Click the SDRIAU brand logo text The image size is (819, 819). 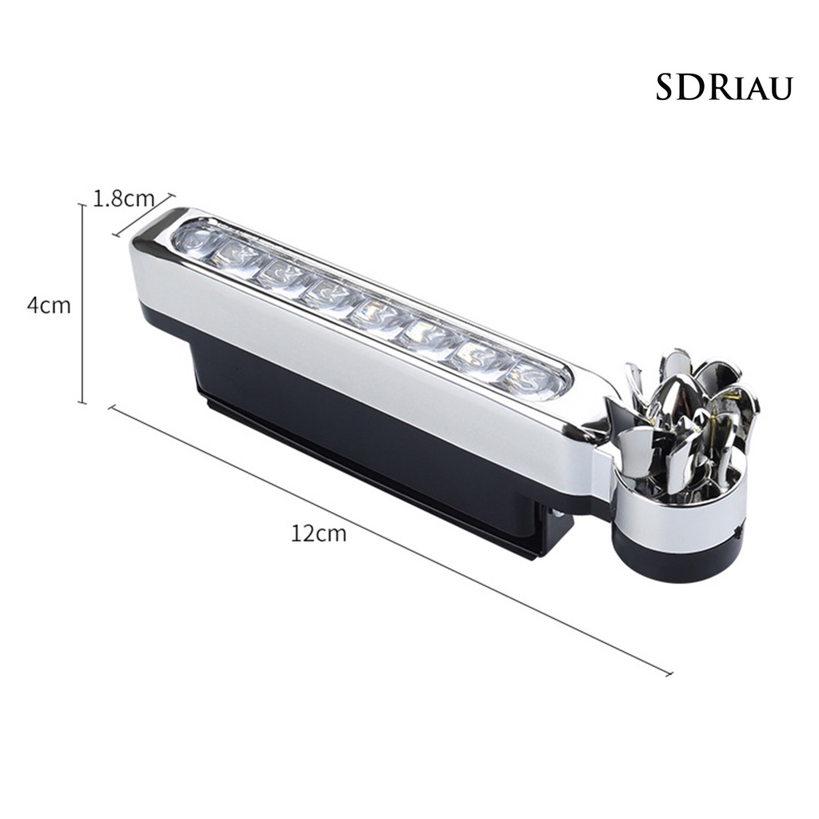click(724, 88)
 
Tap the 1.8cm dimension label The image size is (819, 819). click(124, 198)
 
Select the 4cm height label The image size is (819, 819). click(49, 305)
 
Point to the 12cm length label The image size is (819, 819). click(318, 533)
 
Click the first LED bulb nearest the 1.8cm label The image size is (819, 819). click(194, 240)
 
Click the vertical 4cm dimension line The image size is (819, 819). click(82, 304)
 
